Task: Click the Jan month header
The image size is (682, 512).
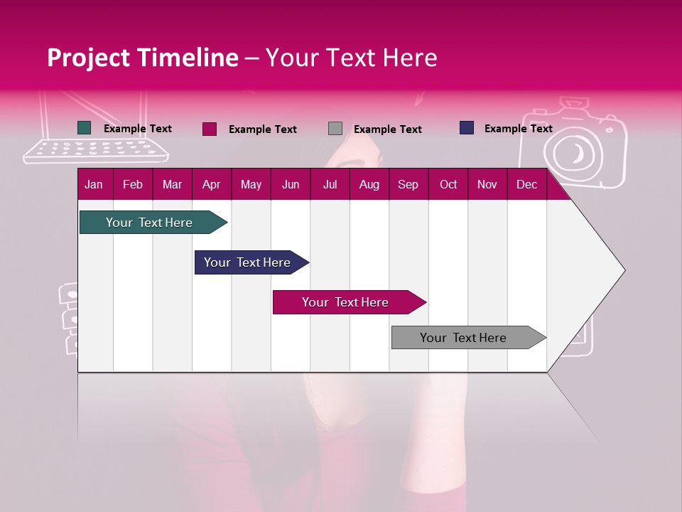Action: point(94,184)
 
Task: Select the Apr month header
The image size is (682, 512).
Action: point(211,184)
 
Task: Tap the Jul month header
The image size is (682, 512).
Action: point(330,184)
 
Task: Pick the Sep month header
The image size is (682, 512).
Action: point(408,184)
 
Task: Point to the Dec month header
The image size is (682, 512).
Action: point(526,184)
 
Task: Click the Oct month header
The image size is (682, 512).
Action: point(448,184)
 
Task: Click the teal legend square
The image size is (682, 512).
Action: point(84,128)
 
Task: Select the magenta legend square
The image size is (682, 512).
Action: point(209,129)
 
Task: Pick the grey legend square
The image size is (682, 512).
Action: point(335,129)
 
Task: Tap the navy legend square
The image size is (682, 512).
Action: point(467,128)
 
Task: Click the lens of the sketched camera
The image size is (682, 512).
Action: point(574,151)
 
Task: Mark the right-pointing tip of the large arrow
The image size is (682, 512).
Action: point(623,270)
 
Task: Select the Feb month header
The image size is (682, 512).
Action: point(133,184)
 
